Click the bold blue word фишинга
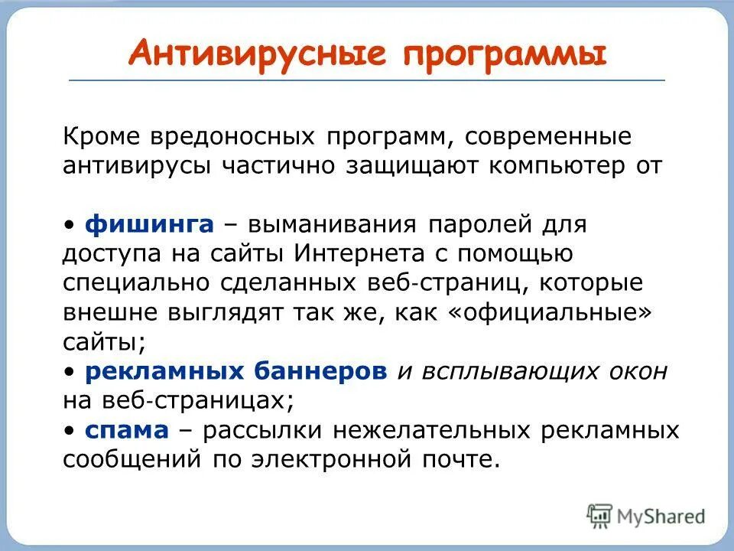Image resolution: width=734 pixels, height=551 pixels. (150, 224)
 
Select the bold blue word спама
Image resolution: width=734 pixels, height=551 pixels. (126, 430)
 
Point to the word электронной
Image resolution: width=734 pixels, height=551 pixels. (323, 458)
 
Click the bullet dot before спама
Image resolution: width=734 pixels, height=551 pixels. (70, 430)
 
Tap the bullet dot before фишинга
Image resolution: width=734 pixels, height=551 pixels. (70, 224)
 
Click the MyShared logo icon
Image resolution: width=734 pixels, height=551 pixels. (600, 516)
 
